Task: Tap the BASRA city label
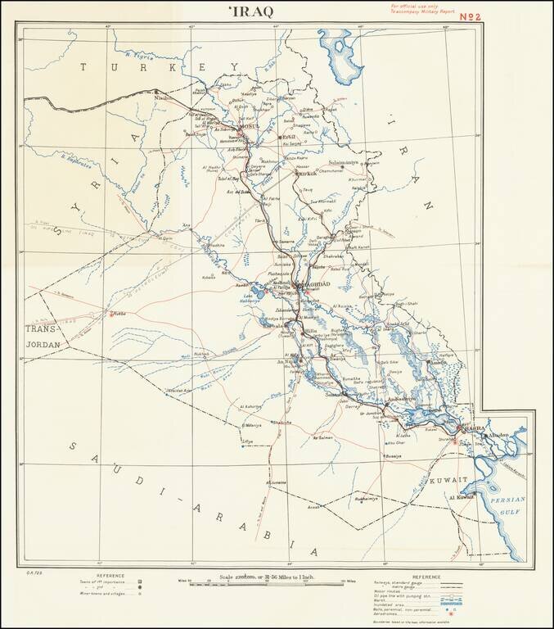pos(475,428)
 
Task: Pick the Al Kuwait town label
pos(462,497)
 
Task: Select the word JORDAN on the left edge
pos(40,345)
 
